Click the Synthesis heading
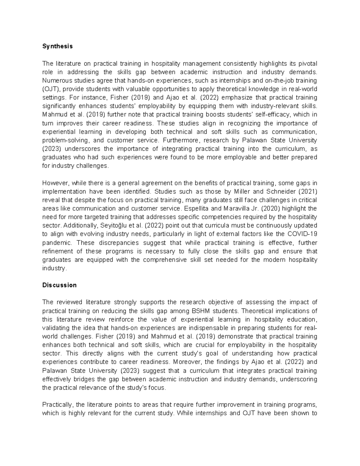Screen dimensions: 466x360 pos(57,47)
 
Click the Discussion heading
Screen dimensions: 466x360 pos(59,285)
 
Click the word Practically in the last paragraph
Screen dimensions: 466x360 pos(58,405)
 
